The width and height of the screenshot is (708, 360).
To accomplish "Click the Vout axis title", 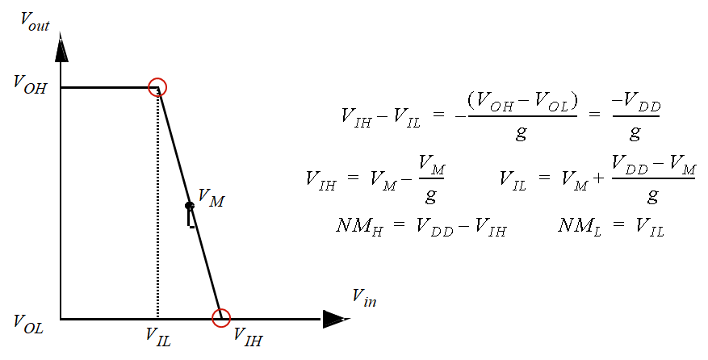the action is tap(35, 22).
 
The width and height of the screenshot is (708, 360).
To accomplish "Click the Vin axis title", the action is tap(364, 297).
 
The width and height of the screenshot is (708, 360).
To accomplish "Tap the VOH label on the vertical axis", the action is tap(30, 85).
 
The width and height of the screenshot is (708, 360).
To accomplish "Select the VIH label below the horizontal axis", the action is tap(247, 337).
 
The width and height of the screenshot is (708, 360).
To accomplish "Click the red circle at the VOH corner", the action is tap(158, 87).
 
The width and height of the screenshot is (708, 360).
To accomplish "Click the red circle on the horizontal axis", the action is tap(221, 318).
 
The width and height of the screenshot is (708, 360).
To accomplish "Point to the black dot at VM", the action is tap(189, 206).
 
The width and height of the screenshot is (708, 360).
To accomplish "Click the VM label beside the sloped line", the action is tap(211, 198).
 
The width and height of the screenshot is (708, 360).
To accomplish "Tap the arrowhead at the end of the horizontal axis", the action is tap(335, 319).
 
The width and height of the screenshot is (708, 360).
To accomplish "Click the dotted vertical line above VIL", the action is tap(158, 202).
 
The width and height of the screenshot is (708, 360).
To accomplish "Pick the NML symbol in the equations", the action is tap(576, 226).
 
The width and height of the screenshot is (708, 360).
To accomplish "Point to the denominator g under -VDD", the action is tap(635, 133).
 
